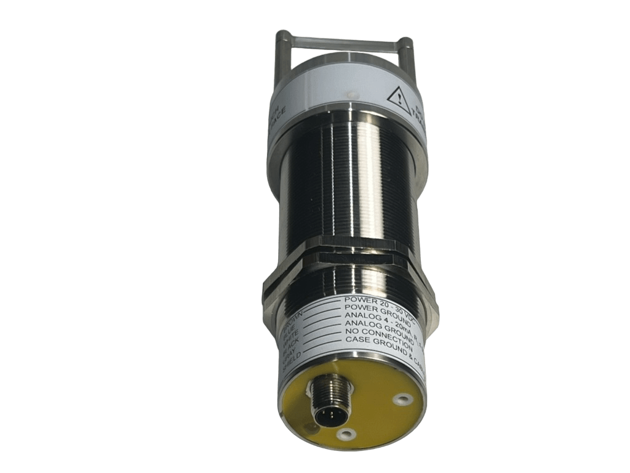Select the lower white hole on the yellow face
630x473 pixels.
coord(348,435)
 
